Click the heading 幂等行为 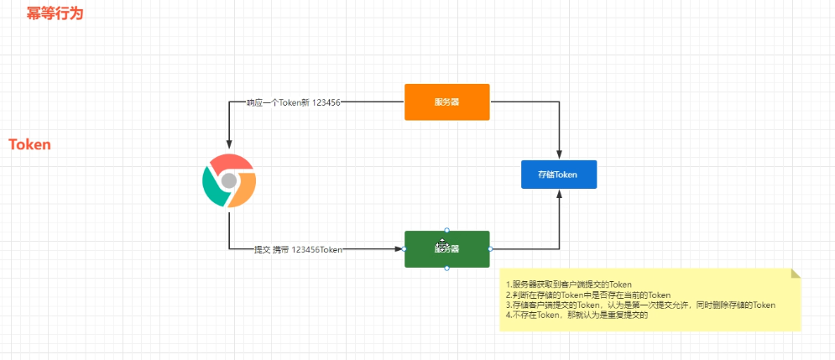tap(55, 14)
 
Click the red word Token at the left tap(29, 145)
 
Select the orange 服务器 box tap(446, 102)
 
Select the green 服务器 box tap(446, 248)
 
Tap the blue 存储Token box tap(559, 175)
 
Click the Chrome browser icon tap(228, 181)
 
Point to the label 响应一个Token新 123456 tap(293, 102)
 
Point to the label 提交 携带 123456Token tap(298, 249)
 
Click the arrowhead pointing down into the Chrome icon tap(228, 145)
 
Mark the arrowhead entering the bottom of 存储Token tap(559, 194)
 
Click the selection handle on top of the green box tap(446, 230)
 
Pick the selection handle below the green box tap(446, 268)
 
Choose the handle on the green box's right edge tap(489, 248)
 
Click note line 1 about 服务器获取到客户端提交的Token tap(568, 284)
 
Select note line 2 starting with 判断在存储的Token tap(587, 295)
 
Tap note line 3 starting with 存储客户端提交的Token tap(639, 305)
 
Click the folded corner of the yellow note tap(796, 273)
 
